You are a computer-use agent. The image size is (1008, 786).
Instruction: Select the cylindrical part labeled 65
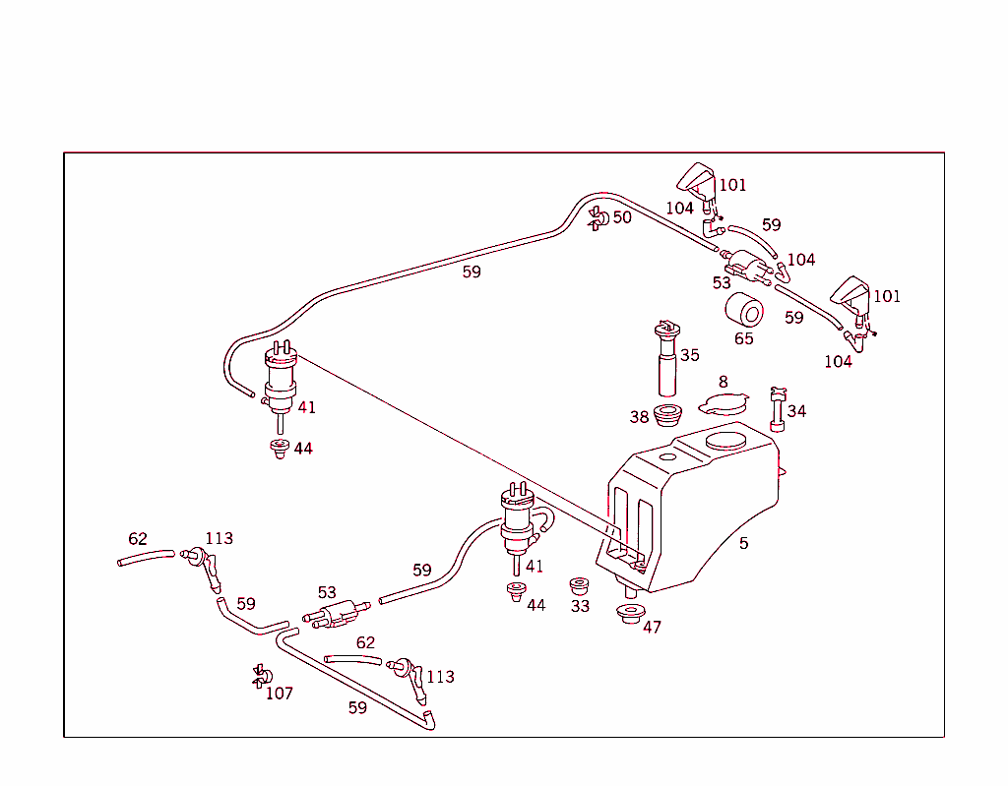[x=745, y=311]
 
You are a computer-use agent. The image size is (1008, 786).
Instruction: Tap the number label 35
[x=690, y=355]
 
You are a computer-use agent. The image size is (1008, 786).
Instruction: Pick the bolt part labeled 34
[x=778, y=407]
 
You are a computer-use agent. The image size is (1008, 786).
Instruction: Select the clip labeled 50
[x=597, y=218]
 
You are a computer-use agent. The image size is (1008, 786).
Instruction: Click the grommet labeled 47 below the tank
[x=629, y=617]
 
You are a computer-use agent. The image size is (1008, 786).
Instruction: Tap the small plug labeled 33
[x=579, y=585]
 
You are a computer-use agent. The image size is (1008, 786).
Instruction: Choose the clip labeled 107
[x=261, y=675]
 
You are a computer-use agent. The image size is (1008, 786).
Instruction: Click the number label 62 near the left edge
[x=138, y=539]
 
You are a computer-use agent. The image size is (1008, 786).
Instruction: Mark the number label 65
[x=743, y=339]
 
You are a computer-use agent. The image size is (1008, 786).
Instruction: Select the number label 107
[x=280, y=694]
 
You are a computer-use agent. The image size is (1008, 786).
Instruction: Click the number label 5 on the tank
[x=744, y=544]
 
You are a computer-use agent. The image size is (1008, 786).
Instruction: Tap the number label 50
[x=622, y=217]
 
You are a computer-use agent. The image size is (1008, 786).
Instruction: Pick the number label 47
[x=652, y=628]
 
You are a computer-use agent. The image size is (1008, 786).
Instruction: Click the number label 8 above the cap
[x=723, y=382]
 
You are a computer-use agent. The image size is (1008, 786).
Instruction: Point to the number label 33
[x=580, y=607]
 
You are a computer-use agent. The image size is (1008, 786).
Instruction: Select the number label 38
[x=640, y=418]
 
